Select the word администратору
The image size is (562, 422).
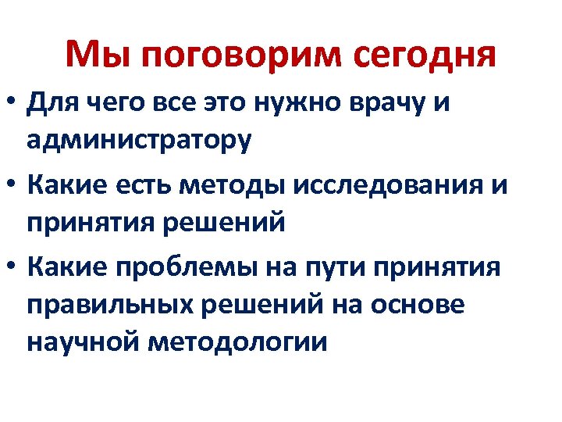coord(139,141)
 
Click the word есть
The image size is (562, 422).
coord(151,186)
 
